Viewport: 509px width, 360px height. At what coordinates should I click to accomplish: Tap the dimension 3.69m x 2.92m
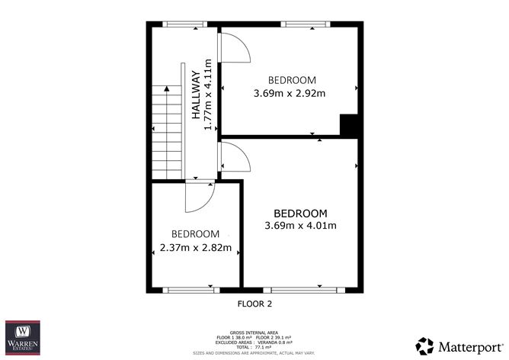click(x=290, y=94)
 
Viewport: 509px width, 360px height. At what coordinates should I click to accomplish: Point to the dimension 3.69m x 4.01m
click(x=300, y=225)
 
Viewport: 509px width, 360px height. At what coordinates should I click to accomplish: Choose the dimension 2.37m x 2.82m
click(x=196, y=247)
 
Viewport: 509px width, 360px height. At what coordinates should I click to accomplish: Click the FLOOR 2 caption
click(x=254, y=304)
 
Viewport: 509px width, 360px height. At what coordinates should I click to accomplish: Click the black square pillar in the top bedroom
click(x=348, y=126)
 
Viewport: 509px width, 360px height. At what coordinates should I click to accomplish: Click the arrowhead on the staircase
click(x=166, y=90)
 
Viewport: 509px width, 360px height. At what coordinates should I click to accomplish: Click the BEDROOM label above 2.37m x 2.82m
click(x=196, y=234)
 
